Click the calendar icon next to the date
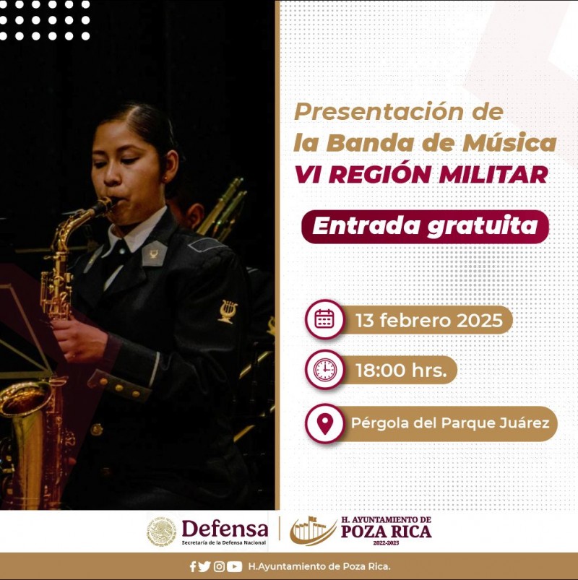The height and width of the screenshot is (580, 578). pos(324,319)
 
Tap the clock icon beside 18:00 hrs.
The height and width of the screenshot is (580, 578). pos(325,370)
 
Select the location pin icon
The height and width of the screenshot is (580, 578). pos(325,423)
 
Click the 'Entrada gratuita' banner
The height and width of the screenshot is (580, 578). pos(425,226)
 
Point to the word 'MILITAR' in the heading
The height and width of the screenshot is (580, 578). pos(493,175)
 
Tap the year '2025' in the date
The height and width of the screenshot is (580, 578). pos(480,320)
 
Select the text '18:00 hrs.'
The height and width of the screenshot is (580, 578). pos(401,371)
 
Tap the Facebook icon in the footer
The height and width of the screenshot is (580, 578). pos(193,566)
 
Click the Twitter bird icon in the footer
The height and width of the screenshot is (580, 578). pos(204,566)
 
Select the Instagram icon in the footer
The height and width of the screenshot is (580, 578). pos(219,566)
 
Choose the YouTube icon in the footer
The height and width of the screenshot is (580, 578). pos(234,566)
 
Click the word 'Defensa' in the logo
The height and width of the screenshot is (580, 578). pos(225,529)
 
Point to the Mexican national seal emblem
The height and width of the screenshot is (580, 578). pos(161,532)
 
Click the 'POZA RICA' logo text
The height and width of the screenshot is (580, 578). pos(386,531)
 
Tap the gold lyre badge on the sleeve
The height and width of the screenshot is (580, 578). pos(228,311)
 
